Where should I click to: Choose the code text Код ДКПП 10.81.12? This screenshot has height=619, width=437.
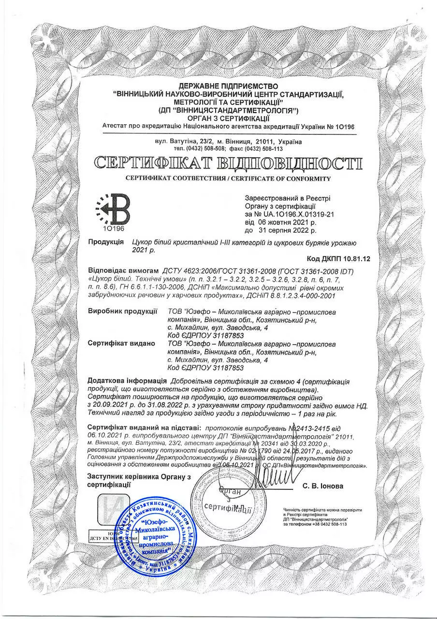coord(338,259)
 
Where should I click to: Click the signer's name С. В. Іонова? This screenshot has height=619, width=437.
coord(323,486)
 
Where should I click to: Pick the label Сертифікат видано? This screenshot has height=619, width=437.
coord(121,343)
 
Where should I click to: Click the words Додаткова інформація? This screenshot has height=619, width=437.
coord(121,381)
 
